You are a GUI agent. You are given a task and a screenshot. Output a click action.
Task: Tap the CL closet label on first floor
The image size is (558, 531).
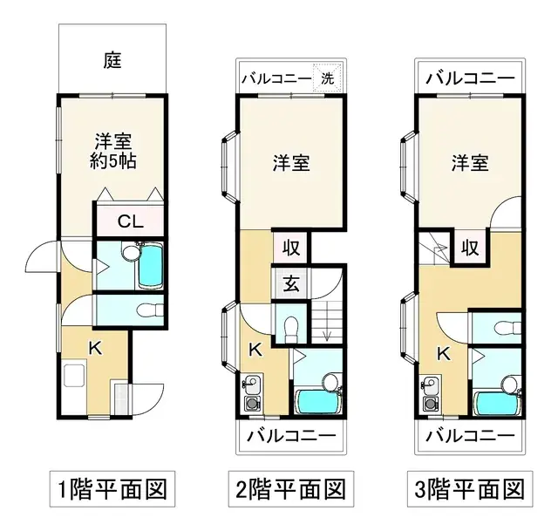pos(130,221)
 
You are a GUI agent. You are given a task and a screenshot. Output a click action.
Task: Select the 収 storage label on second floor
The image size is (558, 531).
pos(290,247)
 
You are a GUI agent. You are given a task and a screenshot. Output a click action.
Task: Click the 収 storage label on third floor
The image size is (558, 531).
pos(469,247)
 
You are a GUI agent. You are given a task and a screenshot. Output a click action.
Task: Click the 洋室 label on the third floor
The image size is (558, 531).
pos(469,162)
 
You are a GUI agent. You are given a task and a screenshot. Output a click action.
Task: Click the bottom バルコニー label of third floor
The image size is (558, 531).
pos(469,434)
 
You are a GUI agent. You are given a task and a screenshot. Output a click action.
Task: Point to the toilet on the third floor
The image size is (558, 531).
pos(501,329)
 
